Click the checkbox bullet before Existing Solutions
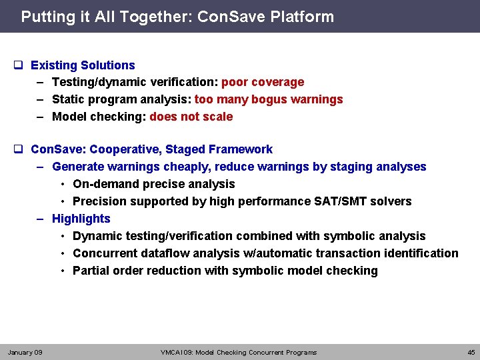point(19,65)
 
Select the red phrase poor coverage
point(263,82)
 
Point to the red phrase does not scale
point(191,117)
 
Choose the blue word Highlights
point(81,219)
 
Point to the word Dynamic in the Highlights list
point(95,236)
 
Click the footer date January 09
point(25,352)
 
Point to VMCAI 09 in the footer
point(177,352)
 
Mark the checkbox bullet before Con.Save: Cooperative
point(19,149)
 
